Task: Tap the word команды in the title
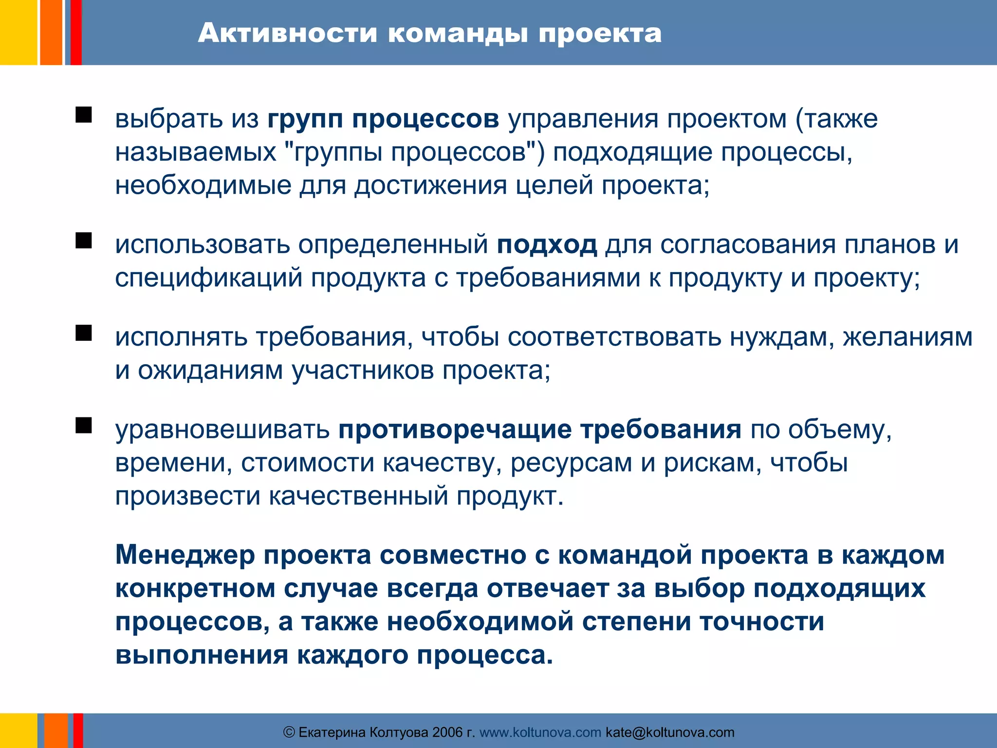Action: [458, 33]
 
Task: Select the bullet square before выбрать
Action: [84, 115]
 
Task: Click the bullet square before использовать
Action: [84, 241]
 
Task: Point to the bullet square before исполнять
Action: [84, 333]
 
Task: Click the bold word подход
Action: [547, 244]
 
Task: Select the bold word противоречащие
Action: [455, 430]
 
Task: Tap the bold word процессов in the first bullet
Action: [425, 119]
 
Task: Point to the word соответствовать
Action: [614, 337]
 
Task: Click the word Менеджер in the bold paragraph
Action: [185, 555]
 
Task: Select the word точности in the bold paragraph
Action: [762, 622]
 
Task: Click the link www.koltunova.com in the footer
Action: [540, 732]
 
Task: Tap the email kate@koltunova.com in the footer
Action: [670, 732]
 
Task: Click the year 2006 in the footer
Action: [447, 732]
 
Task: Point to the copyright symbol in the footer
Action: [289, 732]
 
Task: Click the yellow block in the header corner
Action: [18, 32]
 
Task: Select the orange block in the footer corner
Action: [55, 730]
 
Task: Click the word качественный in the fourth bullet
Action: [358, 496]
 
